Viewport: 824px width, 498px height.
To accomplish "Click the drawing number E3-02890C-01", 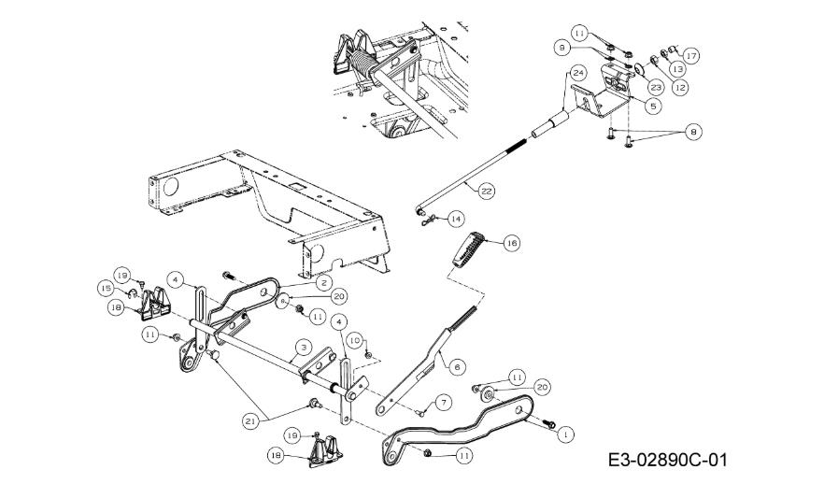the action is coord(667,461).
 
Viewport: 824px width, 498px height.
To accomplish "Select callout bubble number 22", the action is coord(487,192).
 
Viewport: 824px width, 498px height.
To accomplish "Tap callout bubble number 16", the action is coord(511,243).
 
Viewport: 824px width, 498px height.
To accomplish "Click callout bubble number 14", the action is coord(456,218).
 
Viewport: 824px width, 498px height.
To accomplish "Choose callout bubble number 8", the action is coord(693,132).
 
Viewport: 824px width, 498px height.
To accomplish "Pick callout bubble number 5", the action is coord(653,107).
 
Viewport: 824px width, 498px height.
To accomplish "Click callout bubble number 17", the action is coord(691,55).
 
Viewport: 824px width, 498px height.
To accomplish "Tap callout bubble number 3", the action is coord(304,348).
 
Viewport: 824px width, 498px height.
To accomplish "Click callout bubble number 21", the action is coord(250,420).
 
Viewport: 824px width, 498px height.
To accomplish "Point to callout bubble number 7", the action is coord(444,403).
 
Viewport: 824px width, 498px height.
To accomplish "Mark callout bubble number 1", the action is coord(565,434).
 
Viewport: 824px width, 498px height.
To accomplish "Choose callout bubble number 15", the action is coord(105,288).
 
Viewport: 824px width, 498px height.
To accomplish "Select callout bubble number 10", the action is coord(355,340).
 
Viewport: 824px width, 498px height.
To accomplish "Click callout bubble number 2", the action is coord(323,283).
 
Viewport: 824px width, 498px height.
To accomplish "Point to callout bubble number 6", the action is coord(457,366).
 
